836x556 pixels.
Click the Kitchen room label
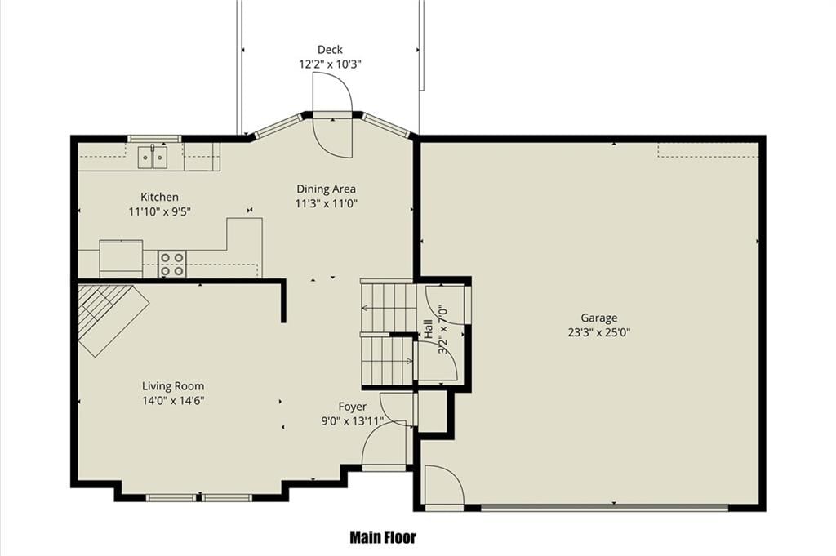pyautogui.click(x=159, y=198)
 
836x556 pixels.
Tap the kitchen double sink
pyautogui.click(x=153, y=158)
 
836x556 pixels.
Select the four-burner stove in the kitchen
pyautogui.click(x=172, y=264)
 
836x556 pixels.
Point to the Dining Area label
pyautogui.click(x=327, y=189)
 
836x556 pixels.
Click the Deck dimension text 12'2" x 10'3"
pyautogui.click(x=330, y=64)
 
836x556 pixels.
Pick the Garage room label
pyautogui.click(x=599, y=318)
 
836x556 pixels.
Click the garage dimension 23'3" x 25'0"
pyautogui.click(x=599, y=332)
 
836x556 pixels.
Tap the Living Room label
pyautogui.click(x=173, y=386)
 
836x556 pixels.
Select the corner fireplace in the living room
pyautogui.click(x=113, y=320)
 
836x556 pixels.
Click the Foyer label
pyautogui.click(x=353, y=407)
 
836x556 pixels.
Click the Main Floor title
pyautogui.click(x=383, y=537)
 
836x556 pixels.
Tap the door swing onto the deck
pyautogui.click(x=332, y=115)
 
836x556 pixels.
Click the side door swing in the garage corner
pyautogui.click(x=444, y=484)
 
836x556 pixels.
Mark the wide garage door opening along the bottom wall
pyautogui.click(x=605, y=508)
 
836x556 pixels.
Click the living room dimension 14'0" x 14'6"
pyautogui.click(x=173, y=401)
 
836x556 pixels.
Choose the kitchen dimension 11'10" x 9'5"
pyautogui.click(x=159, y=212)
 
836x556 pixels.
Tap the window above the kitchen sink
pyautogui.click(x=154, y=139)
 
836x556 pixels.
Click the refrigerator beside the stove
pyautogui.click(x=121, y=259)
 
